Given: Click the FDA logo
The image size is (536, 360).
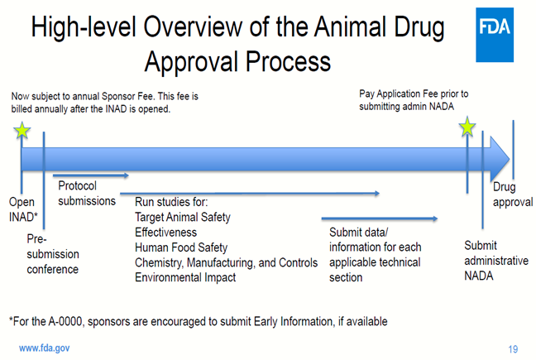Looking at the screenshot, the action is click(495, 35).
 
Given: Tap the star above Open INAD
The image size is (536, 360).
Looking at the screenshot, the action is click(22, 130).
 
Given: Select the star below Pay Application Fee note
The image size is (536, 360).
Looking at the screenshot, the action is click(467, 127).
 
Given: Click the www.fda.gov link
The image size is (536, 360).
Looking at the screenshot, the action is click(45, 348).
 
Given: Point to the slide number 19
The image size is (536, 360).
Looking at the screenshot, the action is click(513, 349).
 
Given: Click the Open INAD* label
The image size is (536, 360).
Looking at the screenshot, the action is click(23, 209).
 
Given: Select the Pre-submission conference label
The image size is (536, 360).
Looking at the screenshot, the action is click(53, 254).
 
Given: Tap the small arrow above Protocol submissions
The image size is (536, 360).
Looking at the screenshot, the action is click(91, 175).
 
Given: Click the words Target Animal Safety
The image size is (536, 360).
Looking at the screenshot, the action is click(183, 217).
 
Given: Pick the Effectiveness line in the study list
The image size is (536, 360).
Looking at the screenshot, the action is click(165, 233).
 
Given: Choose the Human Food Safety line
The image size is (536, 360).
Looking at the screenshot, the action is click(181, 247).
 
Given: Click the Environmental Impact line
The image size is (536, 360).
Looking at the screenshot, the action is click(185, 277).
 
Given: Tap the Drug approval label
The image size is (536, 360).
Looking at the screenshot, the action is click(513, 194).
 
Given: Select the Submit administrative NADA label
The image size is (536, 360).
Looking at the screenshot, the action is click(496, 261).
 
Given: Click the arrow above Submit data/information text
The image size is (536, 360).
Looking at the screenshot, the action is click(380, 218).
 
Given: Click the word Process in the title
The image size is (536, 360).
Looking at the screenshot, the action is click(288, 61).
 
